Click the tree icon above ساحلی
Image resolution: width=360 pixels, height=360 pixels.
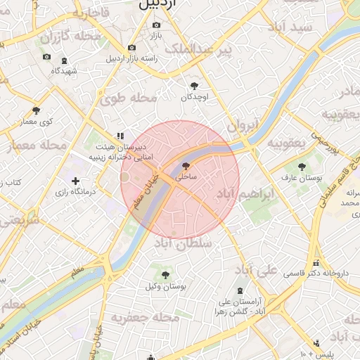click(186, 166)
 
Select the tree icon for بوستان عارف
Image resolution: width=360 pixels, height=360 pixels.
click(302, 167)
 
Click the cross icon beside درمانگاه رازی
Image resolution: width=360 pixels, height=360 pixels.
click(75, 181)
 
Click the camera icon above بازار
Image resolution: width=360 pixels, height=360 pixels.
click(156, 25)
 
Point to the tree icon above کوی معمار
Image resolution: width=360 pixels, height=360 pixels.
click(37, 110)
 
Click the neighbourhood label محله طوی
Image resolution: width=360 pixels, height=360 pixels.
click(129, 98)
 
